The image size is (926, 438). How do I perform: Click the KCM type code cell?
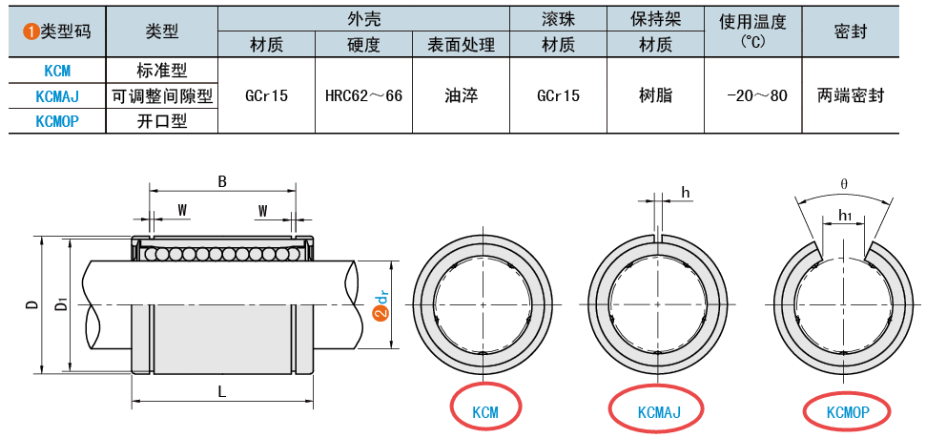click(x=57, y=71)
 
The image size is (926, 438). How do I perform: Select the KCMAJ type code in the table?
click(x=57, y=95)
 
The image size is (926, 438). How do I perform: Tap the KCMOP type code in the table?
click(x=57, y=121)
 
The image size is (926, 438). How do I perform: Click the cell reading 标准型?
click(x=162, y=71)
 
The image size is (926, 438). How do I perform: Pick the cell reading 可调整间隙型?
click(x=162, y=95)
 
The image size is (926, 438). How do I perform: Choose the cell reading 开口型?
click(x=162, y=121)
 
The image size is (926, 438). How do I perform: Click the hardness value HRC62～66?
click(x=363, y=95)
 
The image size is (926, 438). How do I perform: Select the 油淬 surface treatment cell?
click(x=461, y=95)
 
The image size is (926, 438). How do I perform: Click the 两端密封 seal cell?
click(x=851, y=95)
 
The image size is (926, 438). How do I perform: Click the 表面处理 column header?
click(x=461, y=45)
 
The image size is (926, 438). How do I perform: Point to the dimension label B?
click(x=222, y=181)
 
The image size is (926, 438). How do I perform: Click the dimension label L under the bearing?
click(x=222, y=391)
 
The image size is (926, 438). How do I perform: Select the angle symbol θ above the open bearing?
click(x=844, y=183)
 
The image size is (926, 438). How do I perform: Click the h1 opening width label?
click(x=844, y=216)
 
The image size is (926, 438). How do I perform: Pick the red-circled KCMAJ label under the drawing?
click(x=658, y=411)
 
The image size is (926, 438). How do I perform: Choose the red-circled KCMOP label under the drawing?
click(x=847, y=411)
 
